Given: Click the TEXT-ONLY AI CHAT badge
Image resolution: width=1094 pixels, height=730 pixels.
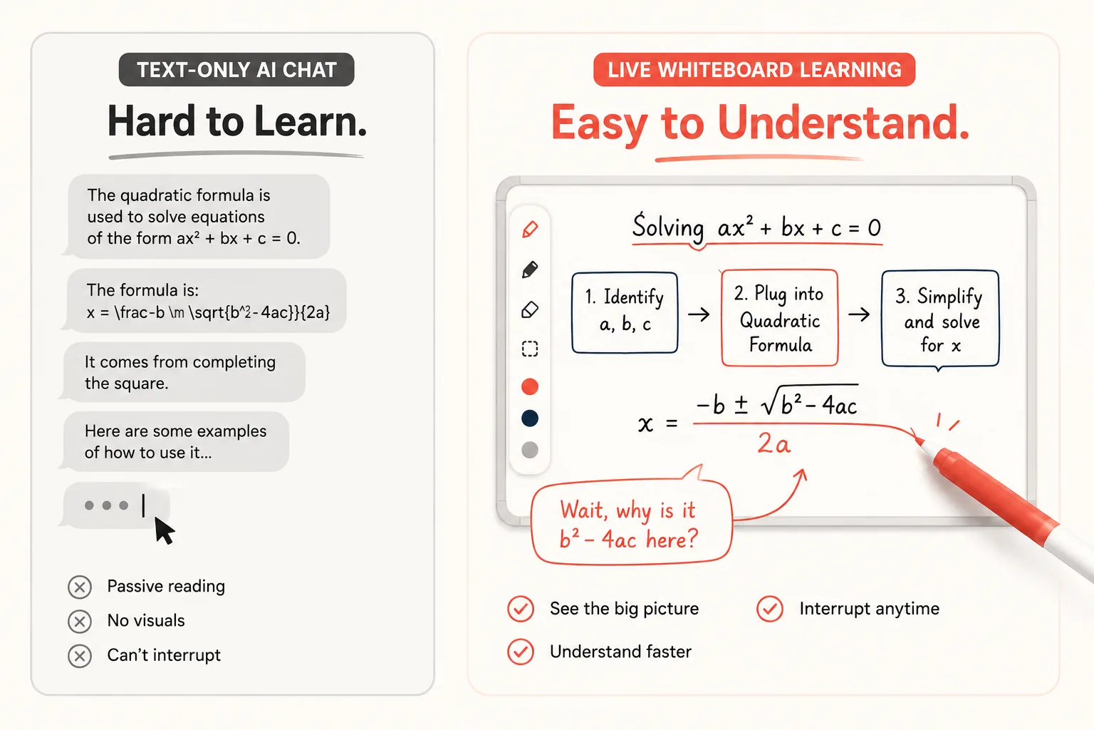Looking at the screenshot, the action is (236, 70).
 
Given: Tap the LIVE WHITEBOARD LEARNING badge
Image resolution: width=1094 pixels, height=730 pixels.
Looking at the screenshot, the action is (754, 70).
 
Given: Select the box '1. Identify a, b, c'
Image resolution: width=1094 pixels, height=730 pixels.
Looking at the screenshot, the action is (625, 313).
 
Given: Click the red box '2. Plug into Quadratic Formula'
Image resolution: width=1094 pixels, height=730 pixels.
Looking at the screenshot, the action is (779, 318).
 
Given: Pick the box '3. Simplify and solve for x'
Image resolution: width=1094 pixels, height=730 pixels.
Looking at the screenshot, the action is (940, 319).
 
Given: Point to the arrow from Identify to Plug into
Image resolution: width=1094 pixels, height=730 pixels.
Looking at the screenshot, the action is (699, 314).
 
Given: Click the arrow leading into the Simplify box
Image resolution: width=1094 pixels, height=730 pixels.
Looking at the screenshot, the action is (859, 314).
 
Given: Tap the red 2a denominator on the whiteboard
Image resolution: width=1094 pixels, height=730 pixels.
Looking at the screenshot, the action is (774, 444).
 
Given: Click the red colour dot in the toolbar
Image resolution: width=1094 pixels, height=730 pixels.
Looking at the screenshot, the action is (530, 386).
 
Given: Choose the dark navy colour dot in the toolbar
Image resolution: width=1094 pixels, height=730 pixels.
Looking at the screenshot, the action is (530, 418).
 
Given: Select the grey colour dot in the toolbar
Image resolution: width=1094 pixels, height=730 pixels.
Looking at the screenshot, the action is (530, 450).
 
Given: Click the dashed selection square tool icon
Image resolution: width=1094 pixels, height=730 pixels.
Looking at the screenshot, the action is (530, 349).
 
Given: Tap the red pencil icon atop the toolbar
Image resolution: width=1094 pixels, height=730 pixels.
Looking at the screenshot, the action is (531, 230).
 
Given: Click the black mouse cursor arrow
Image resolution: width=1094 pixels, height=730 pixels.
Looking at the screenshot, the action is (164, 531).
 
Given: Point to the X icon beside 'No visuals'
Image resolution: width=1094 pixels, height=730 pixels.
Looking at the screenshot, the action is (80, 622).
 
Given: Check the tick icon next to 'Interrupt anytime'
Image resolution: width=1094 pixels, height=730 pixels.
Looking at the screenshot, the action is (770, 609).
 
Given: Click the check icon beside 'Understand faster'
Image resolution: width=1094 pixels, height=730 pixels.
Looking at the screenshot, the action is (521, 652).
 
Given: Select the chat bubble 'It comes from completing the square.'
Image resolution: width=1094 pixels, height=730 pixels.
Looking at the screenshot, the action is (182, 373).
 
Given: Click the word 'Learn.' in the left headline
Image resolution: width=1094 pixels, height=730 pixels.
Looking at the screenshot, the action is (311, 121).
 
